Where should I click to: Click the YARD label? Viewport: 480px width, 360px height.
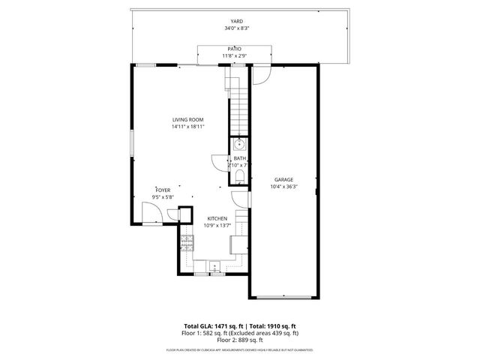[237, 21]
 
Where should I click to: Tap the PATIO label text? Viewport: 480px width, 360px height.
[235, 49]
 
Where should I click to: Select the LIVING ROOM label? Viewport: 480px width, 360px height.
[187, 120]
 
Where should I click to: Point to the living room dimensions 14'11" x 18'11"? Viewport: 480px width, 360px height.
[187, 127]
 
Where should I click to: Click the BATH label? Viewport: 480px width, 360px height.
[238, 158]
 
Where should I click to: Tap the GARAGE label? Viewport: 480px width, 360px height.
[283, 179]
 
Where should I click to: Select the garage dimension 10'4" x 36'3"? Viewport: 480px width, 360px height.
[283, 186]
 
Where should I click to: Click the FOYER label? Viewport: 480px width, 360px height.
[163, 190]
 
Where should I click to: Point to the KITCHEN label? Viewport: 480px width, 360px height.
[217, 218]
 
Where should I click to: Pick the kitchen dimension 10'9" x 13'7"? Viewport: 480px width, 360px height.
[217, 225]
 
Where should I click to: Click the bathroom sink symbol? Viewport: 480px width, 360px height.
[238, 144]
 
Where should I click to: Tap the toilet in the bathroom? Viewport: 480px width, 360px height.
[238, 176]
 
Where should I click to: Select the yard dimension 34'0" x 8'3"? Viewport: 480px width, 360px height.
[237, 28]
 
